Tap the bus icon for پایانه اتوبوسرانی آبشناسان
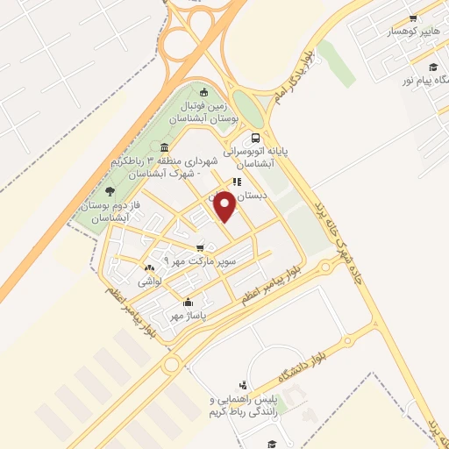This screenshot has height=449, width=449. [x=255, y=138]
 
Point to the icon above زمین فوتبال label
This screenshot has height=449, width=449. [x=204, y=93]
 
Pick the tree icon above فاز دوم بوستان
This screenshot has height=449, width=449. [x=109, y=191]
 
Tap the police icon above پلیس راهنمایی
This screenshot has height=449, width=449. [x=243, y=384]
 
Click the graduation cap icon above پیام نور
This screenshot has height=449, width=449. [x=432, y=67]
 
